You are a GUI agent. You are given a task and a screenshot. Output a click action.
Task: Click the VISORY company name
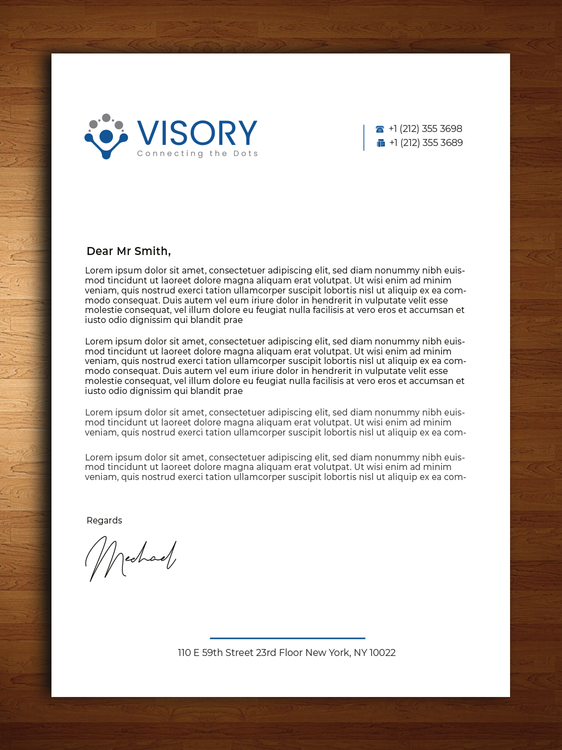[197, 133]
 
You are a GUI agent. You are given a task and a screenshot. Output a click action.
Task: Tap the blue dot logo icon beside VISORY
[106, 136]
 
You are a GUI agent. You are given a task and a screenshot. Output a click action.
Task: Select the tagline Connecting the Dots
[197, 153]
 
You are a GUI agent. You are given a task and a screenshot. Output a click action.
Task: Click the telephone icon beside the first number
[380, 129]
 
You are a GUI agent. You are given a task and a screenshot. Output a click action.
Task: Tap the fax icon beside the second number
[381, 143]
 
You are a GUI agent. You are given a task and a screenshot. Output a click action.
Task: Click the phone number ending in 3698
[426, 129]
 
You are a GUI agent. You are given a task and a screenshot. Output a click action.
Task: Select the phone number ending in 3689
[426, 143]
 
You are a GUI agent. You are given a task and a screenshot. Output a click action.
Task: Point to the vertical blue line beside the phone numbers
[364, 137]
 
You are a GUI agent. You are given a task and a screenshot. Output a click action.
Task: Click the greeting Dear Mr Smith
[128, 251]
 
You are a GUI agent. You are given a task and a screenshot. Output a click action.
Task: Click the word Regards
[104, 520]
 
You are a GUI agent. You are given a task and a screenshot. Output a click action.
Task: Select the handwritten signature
[131, 558]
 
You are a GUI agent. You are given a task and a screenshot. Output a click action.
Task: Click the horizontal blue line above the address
[287, 638]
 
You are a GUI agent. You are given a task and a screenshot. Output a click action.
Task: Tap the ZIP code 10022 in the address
[383, 652]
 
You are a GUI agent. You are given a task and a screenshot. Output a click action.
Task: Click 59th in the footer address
[212, 652]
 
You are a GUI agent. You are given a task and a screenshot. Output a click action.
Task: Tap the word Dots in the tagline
[246, 153]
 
